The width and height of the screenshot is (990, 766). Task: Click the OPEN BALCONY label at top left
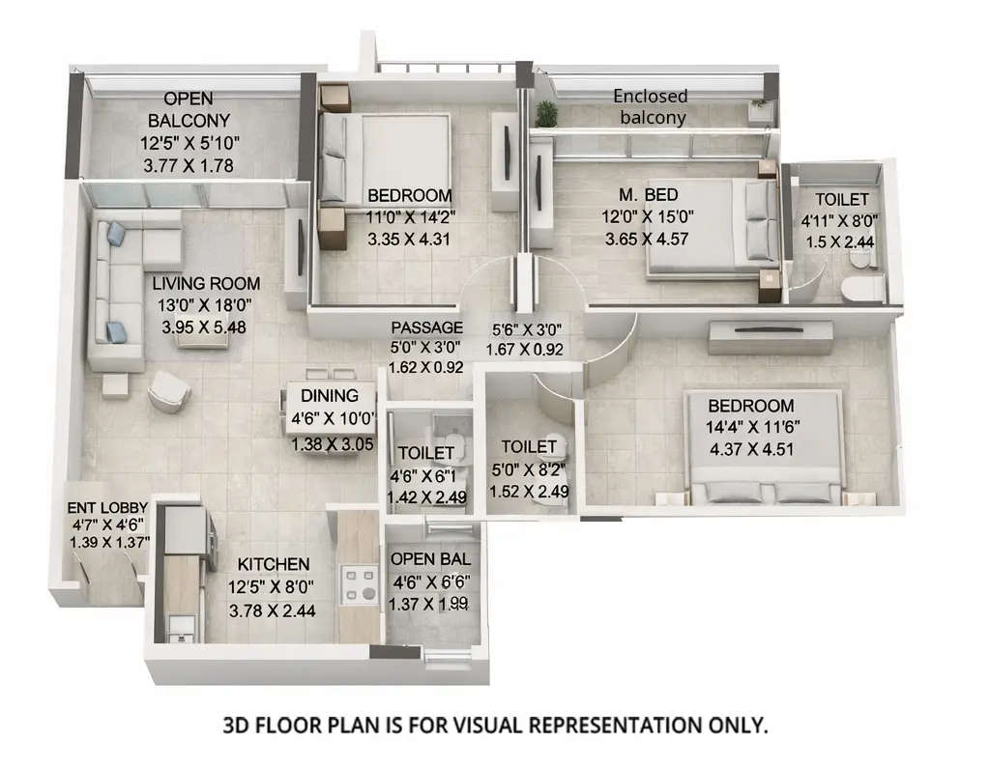[189, 109]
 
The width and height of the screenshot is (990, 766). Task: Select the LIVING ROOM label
[206, 284]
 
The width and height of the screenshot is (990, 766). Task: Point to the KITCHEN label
[274, 564]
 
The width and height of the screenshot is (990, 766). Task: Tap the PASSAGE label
[426, 327]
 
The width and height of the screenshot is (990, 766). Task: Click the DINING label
[330, 395]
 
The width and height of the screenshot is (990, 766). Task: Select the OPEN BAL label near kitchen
[430, 559]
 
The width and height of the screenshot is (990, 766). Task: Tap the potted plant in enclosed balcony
[547, 114]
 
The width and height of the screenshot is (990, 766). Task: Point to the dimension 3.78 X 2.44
[273, 610]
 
